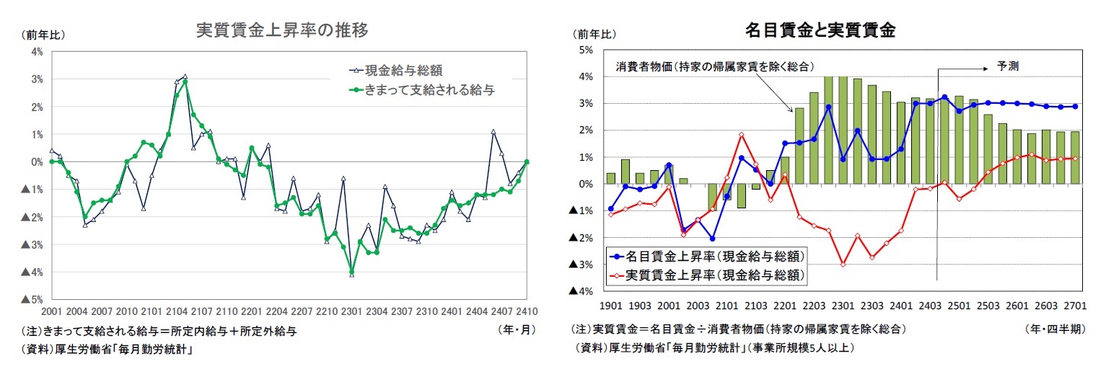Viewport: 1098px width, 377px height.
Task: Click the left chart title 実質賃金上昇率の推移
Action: tap(283, 30)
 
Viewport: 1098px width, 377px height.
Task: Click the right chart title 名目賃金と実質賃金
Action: tap(820, 30)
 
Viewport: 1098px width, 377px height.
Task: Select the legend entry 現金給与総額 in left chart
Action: tap(403, 71)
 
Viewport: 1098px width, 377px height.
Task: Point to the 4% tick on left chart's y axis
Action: tap(37, 51)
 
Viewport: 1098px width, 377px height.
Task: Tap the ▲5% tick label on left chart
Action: tap(32, 299)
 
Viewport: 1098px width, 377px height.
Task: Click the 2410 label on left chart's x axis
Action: tap(527, 312)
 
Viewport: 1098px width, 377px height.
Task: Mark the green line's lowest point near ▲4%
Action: tap(352, 272)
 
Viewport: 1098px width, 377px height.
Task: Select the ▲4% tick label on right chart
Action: tap(581, 291)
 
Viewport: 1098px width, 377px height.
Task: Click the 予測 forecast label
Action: tap(1007, 65)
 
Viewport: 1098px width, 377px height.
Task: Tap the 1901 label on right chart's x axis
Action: tap(610, 306)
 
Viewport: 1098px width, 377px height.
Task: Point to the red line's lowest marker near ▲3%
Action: tap(843, 265)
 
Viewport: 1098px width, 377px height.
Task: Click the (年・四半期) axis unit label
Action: tap(1054, 329)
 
